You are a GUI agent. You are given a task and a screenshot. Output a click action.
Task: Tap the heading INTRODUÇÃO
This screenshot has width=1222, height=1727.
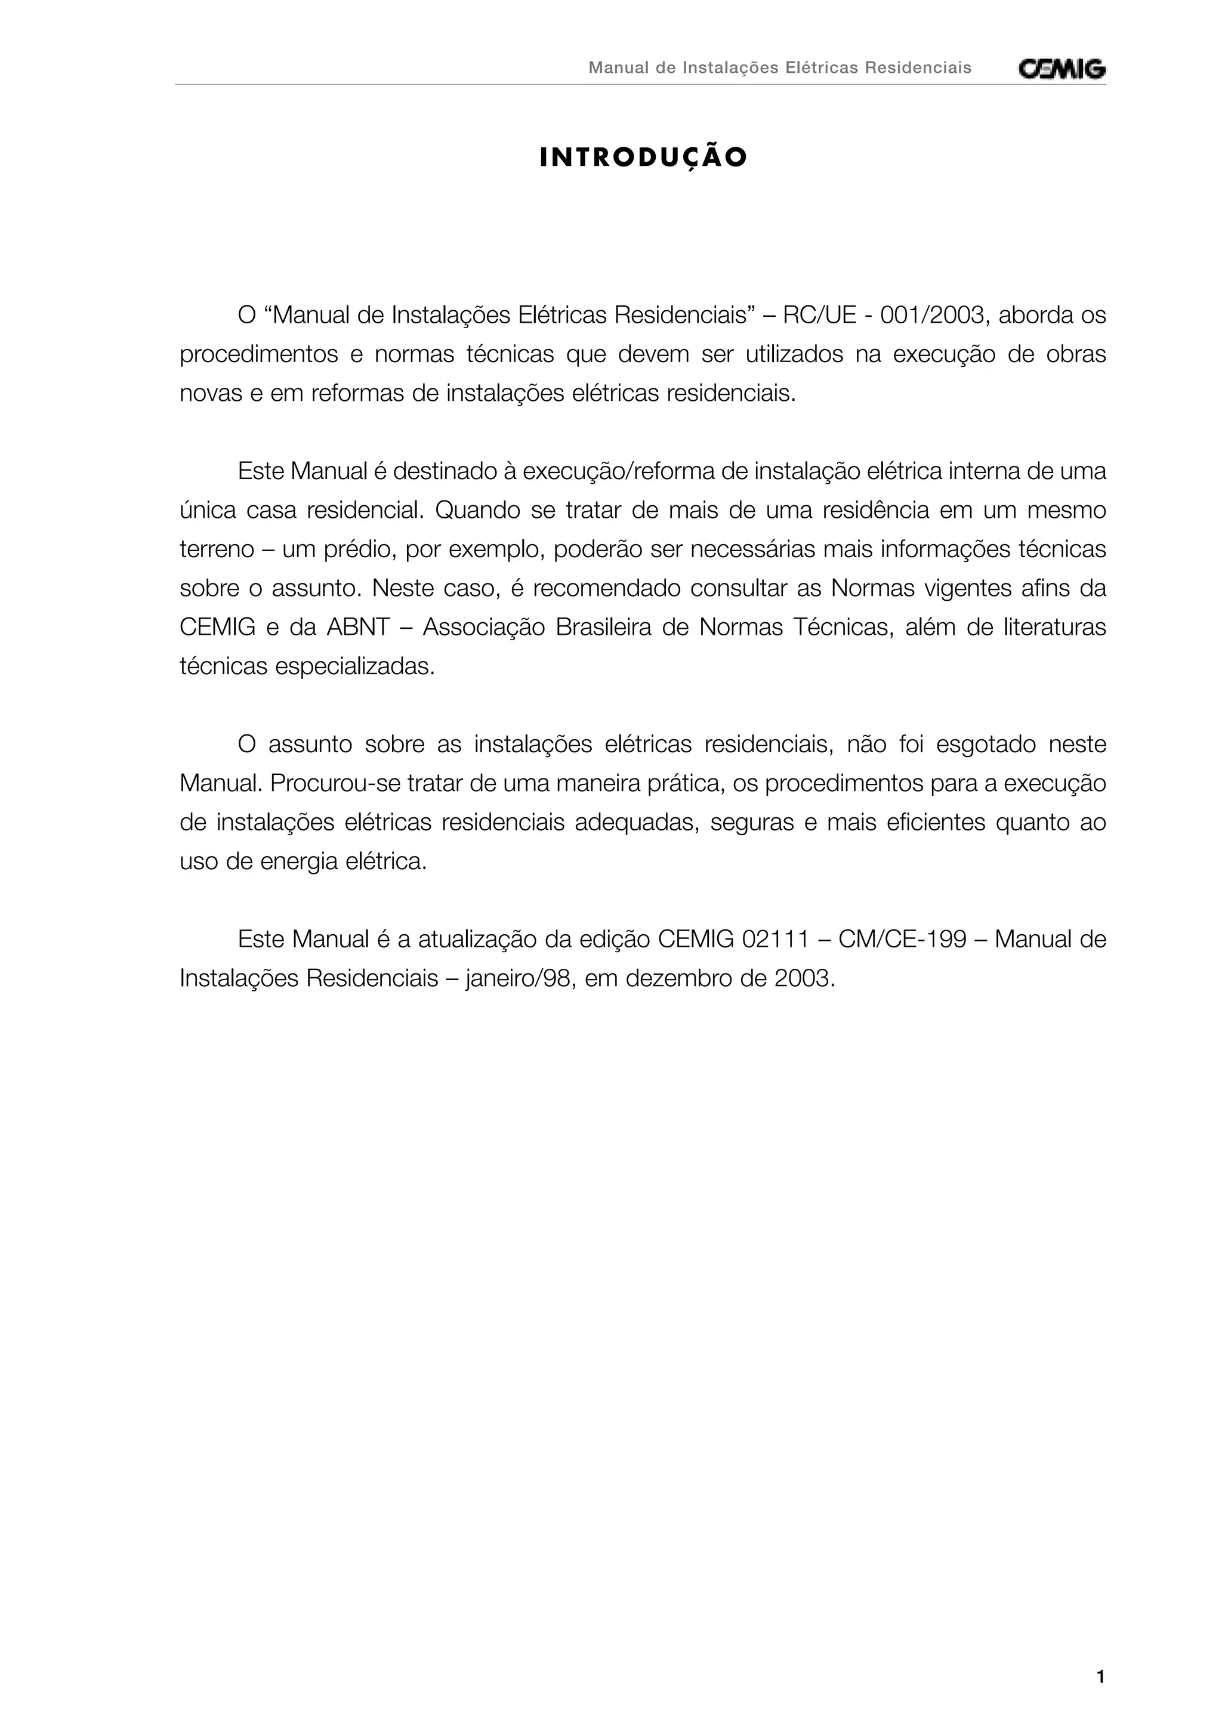[x=643, y=158]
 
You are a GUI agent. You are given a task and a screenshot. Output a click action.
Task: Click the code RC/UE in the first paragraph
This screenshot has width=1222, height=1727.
[x=819, y=315]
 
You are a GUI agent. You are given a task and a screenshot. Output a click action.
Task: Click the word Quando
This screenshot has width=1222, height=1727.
[x=475, y=511]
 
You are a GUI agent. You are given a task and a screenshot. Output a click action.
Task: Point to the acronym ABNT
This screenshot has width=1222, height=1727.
[x=357, y=628]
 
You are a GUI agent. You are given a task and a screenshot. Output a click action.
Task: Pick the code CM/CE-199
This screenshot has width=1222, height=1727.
[x=902, y=940]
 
